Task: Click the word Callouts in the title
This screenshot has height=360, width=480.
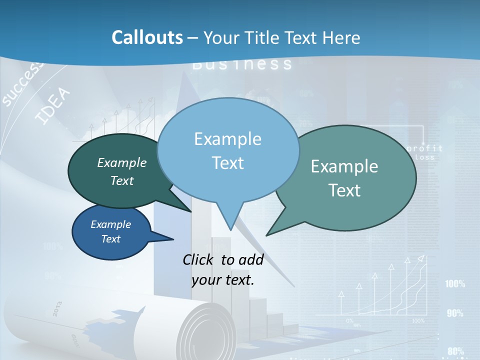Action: coord(147,37)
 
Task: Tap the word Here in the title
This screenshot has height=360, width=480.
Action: coord(339,37)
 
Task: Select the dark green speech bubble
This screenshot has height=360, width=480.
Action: coord(115,170)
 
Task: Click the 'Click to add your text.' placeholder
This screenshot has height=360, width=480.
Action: coord(223,269)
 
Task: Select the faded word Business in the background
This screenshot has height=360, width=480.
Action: coord(242,64)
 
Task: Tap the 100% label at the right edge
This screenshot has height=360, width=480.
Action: coord(455,284)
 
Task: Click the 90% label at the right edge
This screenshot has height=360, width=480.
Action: coord(455,313)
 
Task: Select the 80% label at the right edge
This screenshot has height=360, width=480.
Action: coord(455,351)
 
